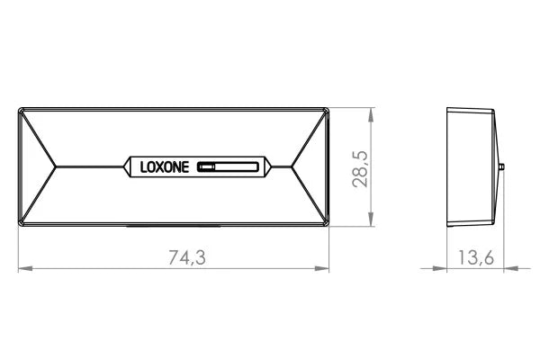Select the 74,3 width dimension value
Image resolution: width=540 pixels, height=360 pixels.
187,257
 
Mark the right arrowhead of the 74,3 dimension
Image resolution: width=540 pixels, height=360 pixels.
325,268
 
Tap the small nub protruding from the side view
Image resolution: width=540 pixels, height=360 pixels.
499,167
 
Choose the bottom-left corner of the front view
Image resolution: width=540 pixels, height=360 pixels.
20,225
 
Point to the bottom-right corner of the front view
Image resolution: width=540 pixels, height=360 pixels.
329,225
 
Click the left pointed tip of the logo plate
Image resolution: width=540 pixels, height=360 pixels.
124,166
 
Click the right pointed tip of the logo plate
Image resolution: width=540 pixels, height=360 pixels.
267,166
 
